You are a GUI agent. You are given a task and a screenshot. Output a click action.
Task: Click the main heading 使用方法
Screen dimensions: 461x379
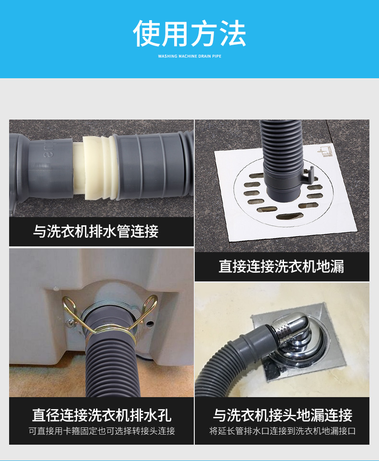coord(189,34)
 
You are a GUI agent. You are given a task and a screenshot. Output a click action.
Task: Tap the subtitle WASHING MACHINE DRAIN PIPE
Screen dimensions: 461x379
coord(189,56)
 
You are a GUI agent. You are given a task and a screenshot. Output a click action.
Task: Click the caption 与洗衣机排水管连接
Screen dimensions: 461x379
coord(95,231)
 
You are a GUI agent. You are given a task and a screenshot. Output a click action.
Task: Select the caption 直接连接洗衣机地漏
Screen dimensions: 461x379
coord(281,266)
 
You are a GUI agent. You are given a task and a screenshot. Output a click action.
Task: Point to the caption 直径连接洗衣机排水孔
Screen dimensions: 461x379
coord(102,414)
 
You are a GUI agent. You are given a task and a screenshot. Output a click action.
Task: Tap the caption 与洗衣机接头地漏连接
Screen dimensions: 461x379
coord(283,414)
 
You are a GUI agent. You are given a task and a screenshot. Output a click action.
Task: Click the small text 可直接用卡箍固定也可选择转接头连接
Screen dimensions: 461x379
coord(102,431)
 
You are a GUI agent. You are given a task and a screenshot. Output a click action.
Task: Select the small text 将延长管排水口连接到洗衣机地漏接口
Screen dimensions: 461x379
coord(283,431)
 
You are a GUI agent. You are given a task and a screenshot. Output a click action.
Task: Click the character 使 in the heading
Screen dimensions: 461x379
coord(147,34)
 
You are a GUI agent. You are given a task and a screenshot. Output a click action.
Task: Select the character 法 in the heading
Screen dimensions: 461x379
coord(232,34)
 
